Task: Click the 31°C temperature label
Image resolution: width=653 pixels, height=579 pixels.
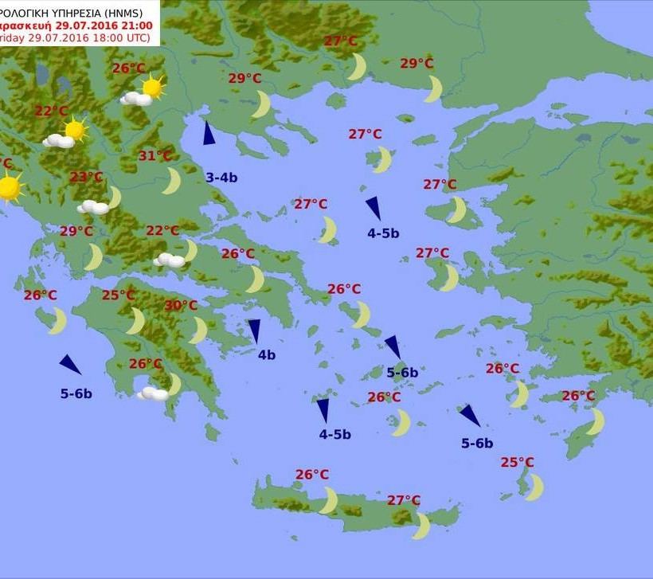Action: click(155, 156)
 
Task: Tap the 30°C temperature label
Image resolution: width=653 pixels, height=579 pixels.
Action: click(181, 305)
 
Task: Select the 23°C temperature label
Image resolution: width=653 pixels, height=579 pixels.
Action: click(86, 177)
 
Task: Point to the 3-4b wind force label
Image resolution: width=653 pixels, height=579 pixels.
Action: click(221, 178)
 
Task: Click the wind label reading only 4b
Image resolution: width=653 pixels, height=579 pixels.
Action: click(266, 355)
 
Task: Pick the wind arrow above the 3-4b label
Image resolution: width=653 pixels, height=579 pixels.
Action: click(209, 133)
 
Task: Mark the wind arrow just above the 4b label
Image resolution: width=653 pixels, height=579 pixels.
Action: click(254, 331)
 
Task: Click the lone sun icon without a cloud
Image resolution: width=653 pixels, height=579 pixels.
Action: click(9, 189)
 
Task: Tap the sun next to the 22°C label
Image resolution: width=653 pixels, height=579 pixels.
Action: click(75, 129)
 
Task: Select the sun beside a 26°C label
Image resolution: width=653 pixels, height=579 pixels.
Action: click(151, 87)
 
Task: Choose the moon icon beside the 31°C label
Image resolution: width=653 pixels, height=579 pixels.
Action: click(172, 181)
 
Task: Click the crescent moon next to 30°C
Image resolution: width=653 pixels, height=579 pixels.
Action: click(197, 330)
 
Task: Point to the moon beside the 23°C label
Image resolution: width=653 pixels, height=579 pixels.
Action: click(115, 197)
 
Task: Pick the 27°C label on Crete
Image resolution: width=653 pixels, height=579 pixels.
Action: click(404, 500)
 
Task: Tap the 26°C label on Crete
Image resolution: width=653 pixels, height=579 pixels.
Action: click(312, 475)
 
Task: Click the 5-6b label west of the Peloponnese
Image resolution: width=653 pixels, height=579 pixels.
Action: click(76, 393)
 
